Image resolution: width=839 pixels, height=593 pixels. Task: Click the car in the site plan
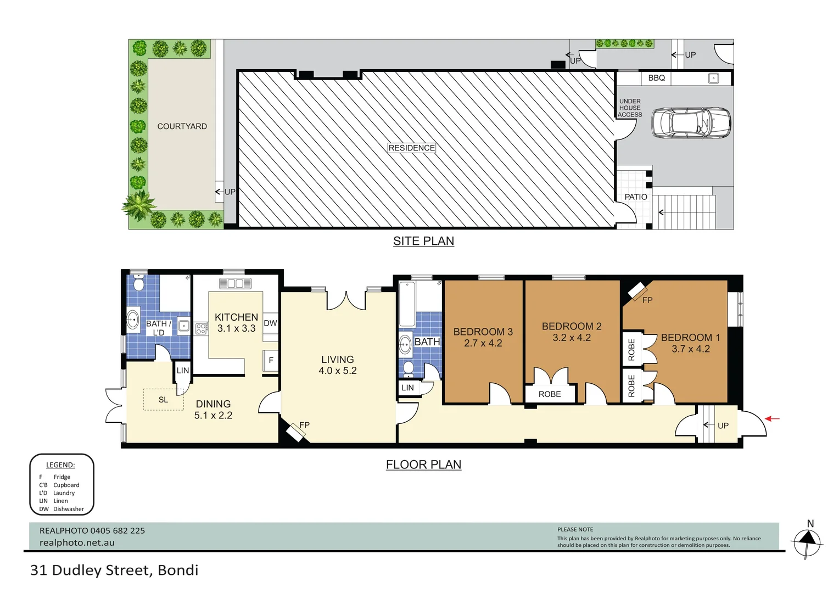tap(691, 122)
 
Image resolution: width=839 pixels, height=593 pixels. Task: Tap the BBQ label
tap(656, 78)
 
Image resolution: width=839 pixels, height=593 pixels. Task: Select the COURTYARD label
tap(182, 126)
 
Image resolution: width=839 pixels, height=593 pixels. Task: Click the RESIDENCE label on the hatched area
tap(411, 148)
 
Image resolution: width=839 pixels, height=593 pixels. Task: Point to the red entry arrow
tap(773, 419)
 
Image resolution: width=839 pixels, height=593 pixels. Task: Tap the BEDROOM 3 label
tap(483, 332)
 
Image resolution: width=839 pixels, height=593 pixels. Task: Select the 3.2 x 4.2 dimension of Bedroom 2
tap(572, 338)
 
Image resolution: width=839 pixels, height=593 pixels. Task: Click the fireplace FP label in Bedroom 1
tap(647, 300)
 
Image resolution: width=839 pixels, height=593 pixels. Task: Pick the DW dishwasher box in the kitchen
tap(270, 323)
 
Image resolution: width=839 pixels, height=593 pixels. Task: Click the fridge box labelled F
tap(271, 360)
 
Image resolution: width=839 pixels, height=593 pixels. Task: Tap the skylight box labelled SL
tap(163, 400)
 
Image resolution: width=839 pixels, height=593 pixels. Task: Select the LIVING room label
tap(337, 359)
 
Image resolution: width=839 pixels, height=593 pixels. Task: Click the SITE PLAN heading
tap(423, 241)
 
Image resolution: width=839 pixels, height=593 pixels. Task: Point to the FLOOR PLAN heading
tap(423, 465)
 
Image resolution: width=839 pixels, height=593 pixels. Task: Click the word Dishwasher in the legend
tap(69, 509)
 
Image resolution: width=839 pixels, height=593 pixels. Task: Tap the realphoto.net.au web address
tap(77, 542)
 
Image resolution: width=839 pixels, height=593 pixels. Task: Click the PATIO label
tap(635, 197)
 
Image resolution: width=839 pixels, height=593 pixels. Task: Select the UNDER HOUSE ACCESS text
tap(630, 108)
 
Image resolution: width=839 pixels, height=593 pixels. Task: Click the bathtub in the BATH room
tap(407, 304)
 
